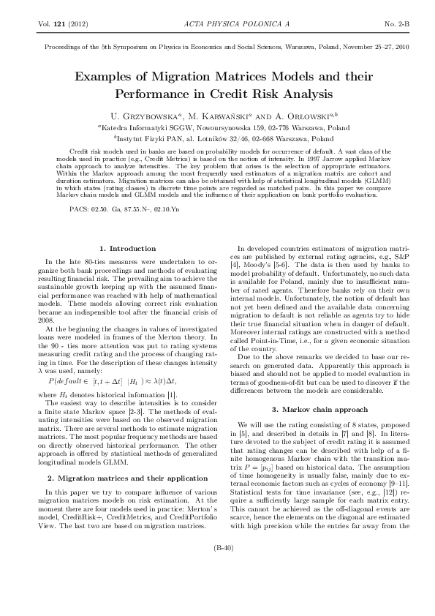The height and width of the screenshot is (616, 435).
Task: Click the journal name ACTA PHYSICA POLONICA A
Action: pyautogui.click(x=228, y=24)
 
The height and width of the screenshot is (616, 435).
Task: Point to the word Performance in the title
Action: pyautogui.click(x=155, y=94)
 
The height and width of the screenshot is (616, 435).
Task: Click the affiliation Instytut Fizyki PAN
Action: pyautogui.click(x=147, y=138)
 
